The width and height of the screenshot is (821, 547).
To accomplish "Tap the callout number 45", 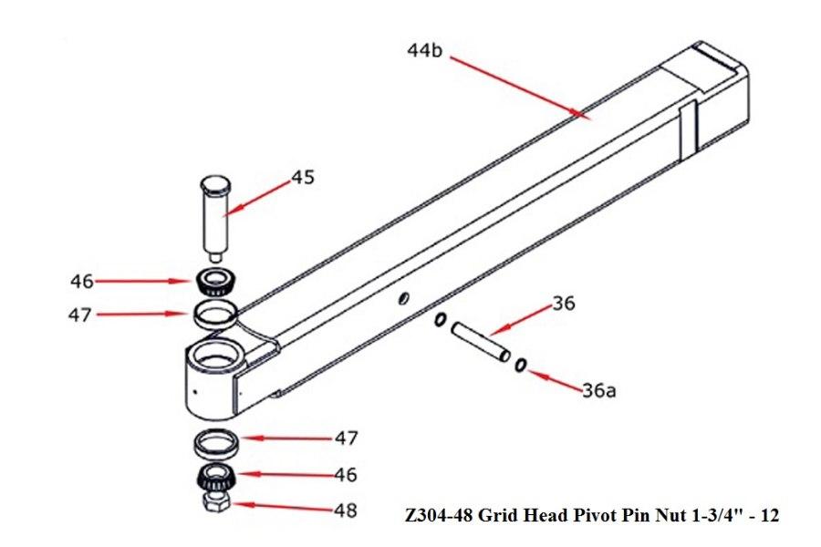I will click(x=303, y=177).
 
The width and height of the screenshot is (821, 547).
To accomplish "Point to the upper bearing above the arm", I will click(x=215, y=282).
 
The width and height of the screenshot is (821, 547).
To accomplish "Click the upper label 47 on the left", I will click(x=82, y=315).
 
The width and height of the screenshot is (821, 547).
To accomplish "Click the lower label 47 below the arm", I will click(x=346, y=439).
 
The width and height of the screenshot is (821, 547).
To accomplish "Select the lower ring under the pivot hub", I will click(x=216, y=445).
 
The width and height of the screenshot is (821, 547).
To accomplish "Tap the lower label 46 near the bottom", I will click(x=346, y=475).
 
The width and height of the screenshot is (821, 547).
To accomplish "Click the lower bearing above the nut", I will click(x=216, y=477).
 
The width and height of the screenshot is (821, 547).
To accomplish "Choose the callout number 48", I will click(x=346, y=511).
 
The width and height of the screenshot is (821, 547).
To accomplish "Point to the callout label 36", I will click(x=564, y=304).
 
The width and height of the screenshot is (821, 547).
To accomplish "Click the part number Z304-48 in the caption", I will click(x=444, y=516).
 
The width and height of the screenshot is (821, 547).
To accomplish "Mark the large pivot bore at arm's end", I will click(x=214, y=355).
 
